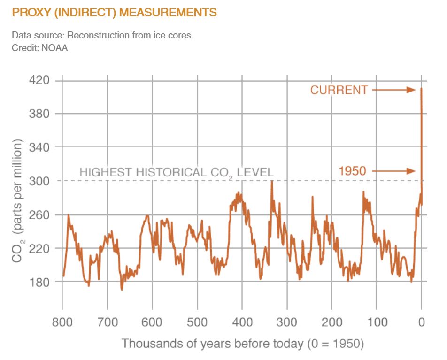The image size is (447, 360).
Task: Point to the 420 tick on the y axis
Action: [39, 80]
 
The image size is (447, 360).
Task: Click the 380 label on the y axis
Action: [39, 114]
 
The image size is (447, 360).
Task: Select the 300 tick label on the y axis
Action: [39, 181]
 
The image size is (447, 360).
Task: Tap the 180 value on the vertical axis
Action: [39, 282]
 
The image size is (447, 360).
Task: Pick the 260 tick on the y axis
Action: [39, 214]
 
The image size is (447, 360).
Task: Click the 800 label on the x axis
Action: [62, 322]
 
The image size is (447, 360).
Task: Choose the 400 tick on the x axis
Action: [242, 322]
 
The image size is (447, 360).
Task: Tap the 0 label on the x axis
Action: [422, 322]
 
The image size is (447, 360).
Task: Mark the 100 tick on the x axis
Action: [377, 322]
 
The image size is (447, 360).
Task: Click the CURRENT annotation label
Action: [339, 90]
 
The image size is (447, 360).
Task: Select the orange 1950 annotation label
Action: [352, 171]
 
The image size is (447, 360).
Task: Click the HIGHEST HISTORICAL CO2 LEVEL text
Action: [176, 172]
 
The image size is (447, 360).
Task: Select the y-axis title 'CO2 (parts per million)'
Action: [17, 201]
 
